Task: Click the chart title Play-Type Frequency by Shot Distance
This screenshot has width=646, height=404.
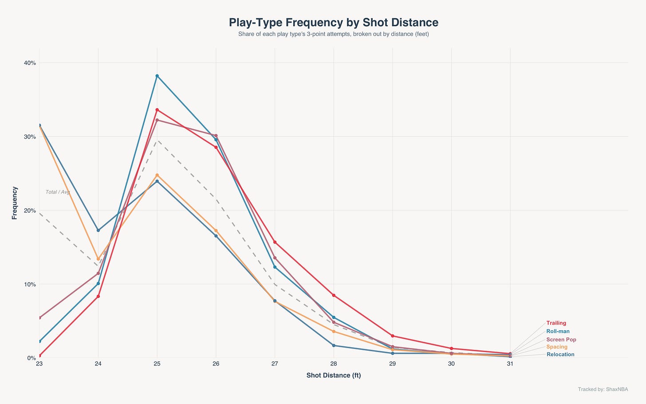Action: pos(334,23)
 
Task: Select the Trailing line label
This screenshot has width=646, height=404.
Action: pos(556,323)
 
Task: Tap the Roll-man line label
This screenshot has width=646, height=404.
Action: pos(558,331)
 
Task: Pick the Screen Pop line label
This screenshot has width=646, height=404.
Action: pos(561,340)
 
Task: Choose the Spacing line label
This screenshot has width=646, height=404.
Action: pos(556,347)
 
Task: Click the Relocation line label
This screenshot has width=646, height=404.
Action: pos(560,354)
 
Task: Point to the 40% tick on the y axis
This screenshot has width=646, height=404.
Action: pos(30,63)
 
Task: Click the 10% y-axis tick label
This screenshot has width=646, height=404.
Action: pos(30,284)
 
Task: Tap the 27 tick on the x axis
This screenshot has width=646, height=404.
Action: pos(275,364)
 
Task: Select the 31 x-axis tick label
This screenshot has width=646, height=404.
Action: pos(510,364)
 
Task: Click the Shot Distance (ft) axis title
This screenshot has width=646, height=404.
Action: pos(334,376)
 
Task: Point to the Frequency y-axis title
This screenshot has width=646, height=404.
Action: pos(14,203)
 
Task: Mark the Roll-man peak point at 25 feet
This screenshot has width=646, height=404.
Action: pos(157,76)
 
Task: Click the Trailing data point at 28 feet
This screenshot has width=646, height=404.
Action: pos(334,295)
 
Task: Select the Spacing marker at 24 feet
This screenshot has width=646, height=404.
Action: pos(98,259)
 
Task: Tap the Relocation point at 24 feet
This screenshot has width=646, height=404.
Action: pos(98,230)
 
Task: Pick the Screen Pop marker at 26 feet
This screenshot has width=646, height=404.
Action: pos(216,136)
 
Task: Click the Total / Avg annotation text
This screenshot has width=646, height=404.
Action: pos(58,192)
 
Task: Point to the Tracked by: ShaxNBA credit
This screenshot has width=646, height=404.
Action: pos(603,389)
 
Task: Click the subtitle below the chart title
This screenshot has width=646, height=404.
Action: pos(334,34)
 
